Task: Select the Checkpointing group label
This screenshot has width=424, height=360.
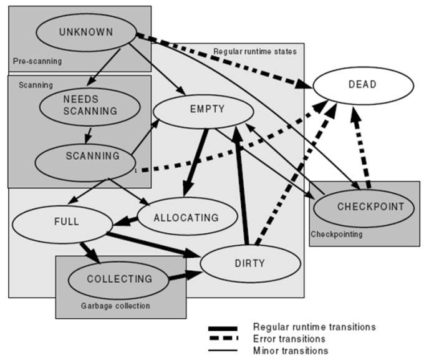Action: [337, 235]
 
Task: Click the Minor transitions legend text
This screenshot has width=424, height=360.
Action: [291, 351]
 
